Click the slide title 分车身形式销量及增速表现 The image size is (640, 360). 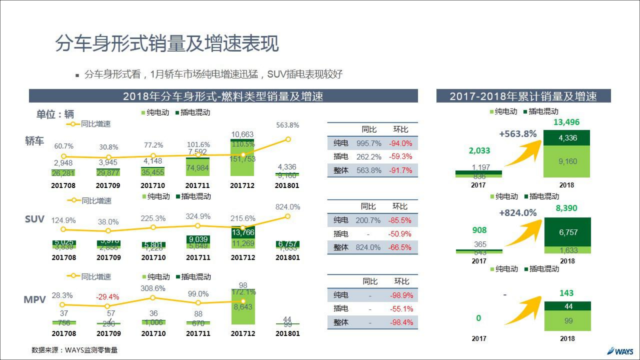pos(167,44)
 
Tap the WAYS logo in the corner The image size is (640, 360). pos(620,350)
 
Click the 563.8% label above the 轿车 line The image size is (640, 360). pos(287,125)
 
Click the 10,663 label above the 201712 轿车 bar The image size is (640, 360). pos(243,134)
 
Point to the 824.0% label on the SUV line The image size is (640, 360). pos(287,206)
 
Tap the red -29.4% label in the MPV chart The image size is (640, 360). pos(108,297)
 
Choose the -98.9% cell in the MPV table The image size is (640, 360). pos(401,295)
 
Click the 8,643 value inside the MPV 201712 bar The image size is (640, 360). pos(243,307)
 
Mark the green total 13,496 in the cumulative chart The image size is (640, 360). pos(566,123)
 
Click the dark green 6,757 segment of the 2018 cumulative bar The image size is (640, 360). pos(567,232)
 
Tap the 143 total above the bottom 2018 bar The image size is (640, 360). pos(566,293)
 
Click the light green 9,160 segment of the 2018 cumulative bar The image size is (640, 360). pos(567,162)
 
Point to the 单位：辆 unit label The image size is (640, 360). pos(55,114)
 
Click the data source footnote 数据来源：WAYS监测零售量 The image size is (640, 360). pos(75,350)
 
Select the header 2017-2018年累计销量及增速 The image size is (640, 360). pos(523,96)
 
